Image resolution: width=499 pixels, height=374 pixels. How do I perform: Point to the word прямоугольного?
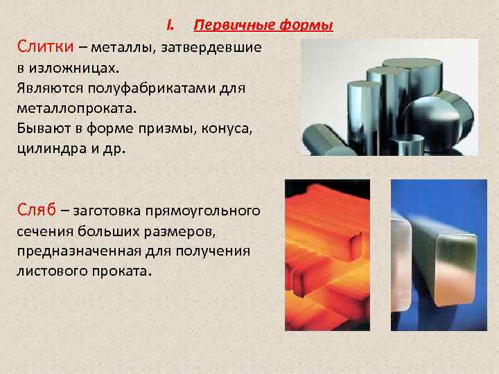tap(209, 210)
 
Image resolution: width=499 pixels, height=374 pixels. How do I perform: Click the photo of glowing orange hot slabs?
tap(327, 255)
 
